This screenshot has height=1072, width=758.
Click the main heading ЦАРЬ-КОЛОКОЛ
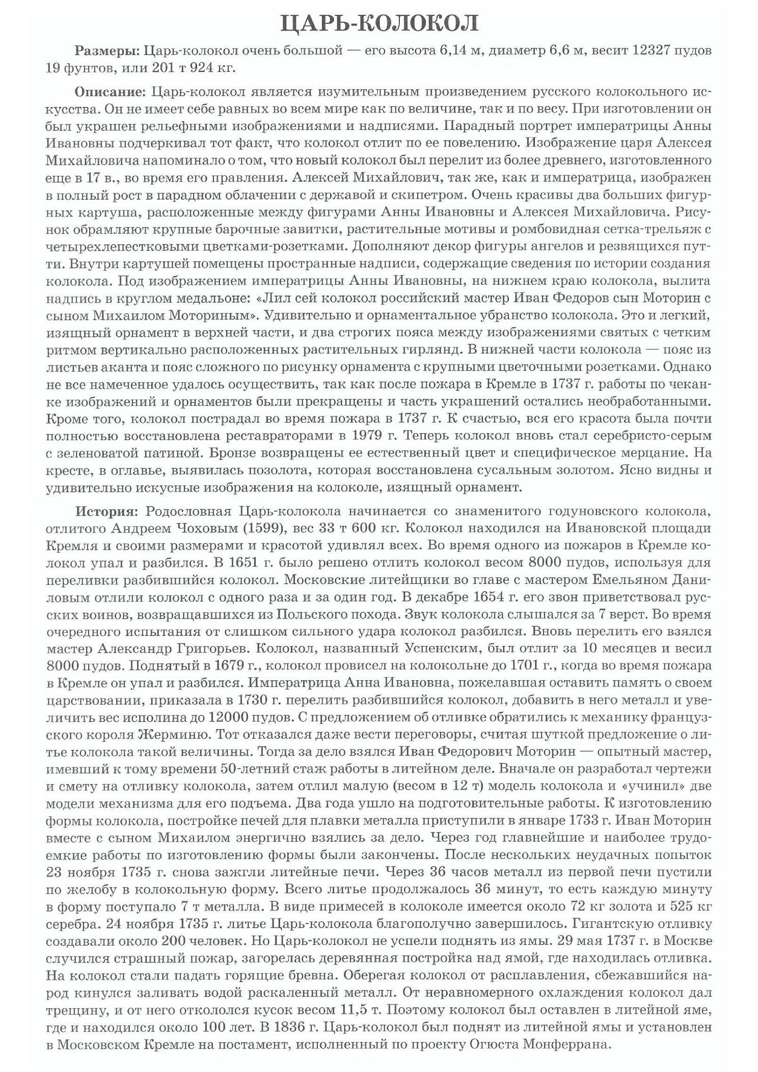click(379, 24)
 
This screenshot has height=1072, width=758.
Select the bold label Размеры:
click(106, 51)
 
